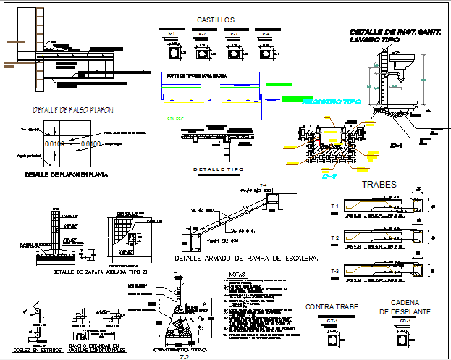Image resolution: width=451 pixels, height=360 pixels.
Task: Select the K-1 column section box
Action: pos(173,53)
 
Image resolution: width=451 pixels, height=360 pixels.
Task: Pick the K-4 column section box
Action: pos(265,53)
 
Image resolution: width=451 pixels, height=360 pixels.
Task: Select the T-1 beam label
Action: pos(335,207)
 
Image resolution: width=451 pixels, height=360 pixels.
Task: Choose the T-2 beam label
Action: pos(335,238)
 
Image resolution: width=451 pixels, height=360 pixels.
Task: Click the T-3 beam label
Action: pos(335,270)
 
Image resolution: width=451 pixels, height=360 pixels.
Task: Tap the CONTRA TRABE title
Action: pos(332,307)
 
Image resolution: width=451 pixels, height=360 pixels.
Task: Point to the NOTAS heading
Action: pos(237,275)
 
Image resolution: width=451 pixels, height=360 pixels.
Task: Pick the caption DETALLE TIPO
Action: pos(218,169)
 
